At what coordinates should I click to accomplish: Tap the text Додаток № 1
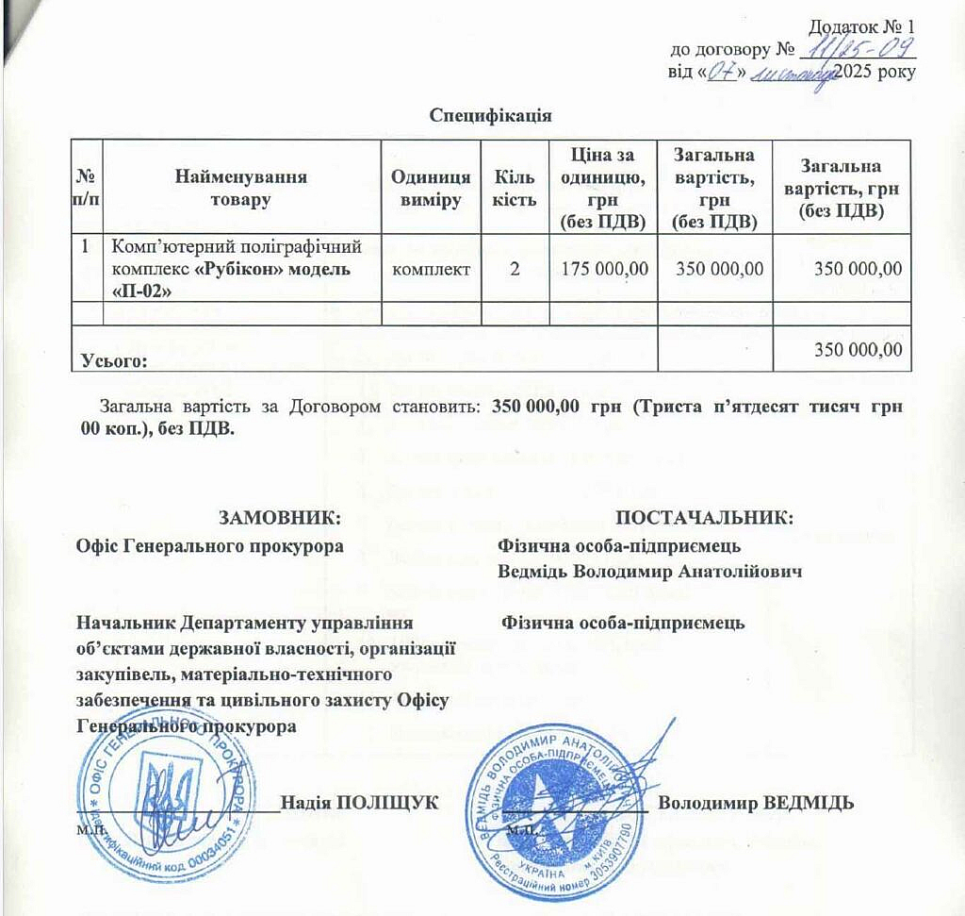click(x=863, y=27)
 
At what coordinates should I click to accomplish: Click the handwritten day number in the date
click(x=721, y=73)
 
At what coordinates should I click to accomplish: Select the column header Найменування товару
click(x=241, y=188)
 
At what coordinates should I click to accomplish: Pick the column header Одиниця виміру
click(x=431, y=188)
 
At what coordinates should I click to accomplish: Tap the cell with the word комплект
click(x=431, y=269)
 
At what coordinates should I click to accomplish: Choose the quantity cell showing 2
click(x=514, y=269)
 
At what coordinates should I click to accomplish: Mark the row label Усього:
click(x=114, y=360)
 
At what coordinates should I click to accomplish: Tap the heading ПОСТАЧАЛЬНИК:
click(x=704, y=517)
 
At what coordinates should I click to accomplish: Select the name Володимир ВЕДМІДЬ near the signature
click(x=757, y=803)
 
